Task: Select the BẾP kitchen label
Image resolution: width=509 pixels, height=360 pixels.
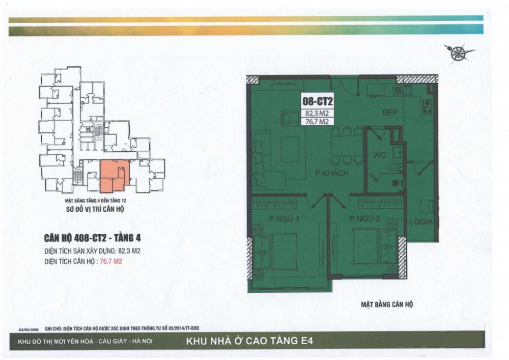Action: [x=390, y=112]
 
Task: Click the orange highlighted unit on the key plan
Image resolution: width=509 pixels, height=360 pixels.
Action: [x=112, y=176]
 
